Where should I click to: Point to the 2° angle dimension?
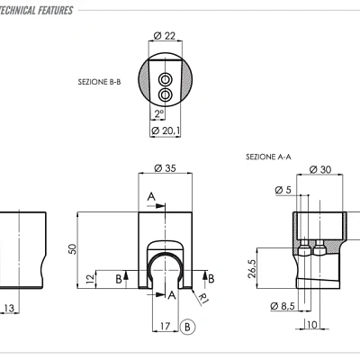(158, 113)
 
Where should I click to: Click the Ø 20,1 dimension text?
(166, 130)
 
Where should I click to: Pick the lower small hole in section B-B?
(165, 93)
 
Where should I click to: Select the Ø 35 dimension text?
(165, 168)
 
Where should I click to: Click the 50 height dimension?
(73, 249)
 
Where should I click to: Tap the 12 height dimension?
(91, 279)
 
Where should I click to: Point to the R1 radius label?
(205, 298)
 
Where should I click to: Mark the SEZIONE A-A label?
(268, 157)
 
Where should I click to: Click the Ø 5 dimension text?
(282, 190)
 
